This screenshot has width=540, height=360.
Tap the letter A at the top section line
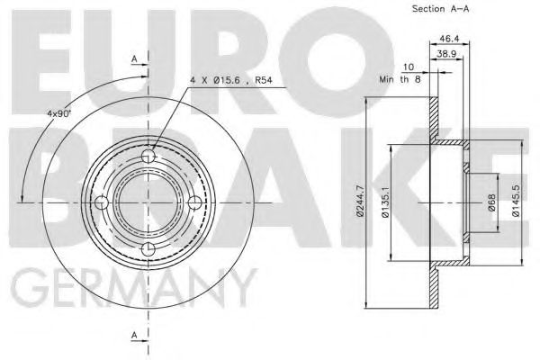coord(134,58)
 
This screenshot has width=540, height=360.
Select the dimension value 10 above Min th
coord(409,67)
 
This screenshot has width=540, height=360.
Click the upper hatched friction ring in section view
coord(434,117)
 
